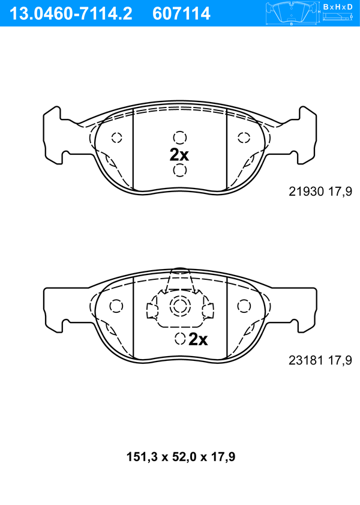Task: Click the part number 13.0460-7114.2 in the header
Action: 71,14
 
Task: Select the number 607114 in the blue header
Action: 181,14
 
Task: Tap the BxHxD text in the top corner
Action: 338,7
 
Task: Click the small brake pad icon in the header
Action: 292,13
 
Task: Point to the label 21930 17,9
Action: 320,192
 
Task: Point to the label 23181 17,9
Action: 320,360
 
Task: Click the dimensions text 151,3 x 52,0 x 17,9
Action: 181,457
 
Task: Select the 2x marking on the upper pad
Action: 179,155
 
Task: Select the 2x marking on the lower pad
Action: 198,339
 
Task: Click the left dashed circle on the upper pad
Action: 117,138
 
